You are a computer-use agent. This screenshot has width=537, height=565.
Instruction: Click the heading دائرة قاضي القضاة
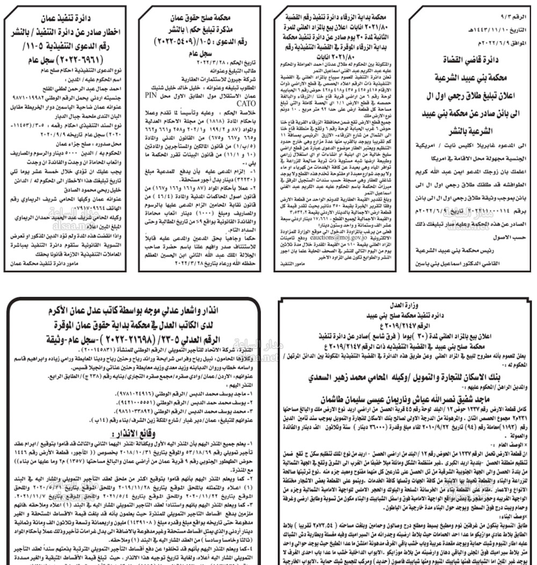point(473,60)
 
